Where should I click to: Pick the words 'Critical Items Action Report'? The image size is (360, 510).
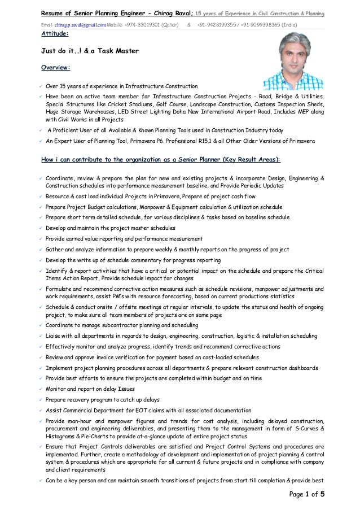197,271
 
